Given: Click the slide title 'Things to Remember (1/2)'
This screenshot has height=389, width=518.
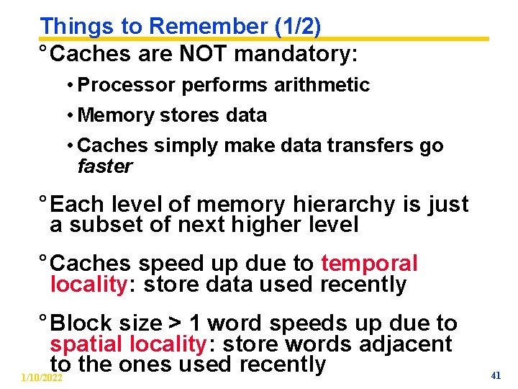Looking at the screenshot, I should (x=181, y=26).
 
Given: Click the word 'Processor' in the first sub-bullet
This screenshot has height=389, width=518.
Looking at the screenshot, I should (x=127, y=85).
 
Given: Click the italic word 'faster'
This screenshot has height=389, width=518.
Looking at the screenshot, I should (x=105, y=166).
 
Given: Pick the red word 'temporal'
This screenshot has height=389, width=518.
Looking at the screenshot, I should (x=369, y=264).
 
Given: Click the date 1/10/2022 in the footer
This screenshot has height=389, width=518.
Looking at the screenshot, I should (x=42, y=378).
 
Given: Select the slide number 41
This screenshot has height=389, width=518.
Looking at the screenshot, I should (x=495, y=375).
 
